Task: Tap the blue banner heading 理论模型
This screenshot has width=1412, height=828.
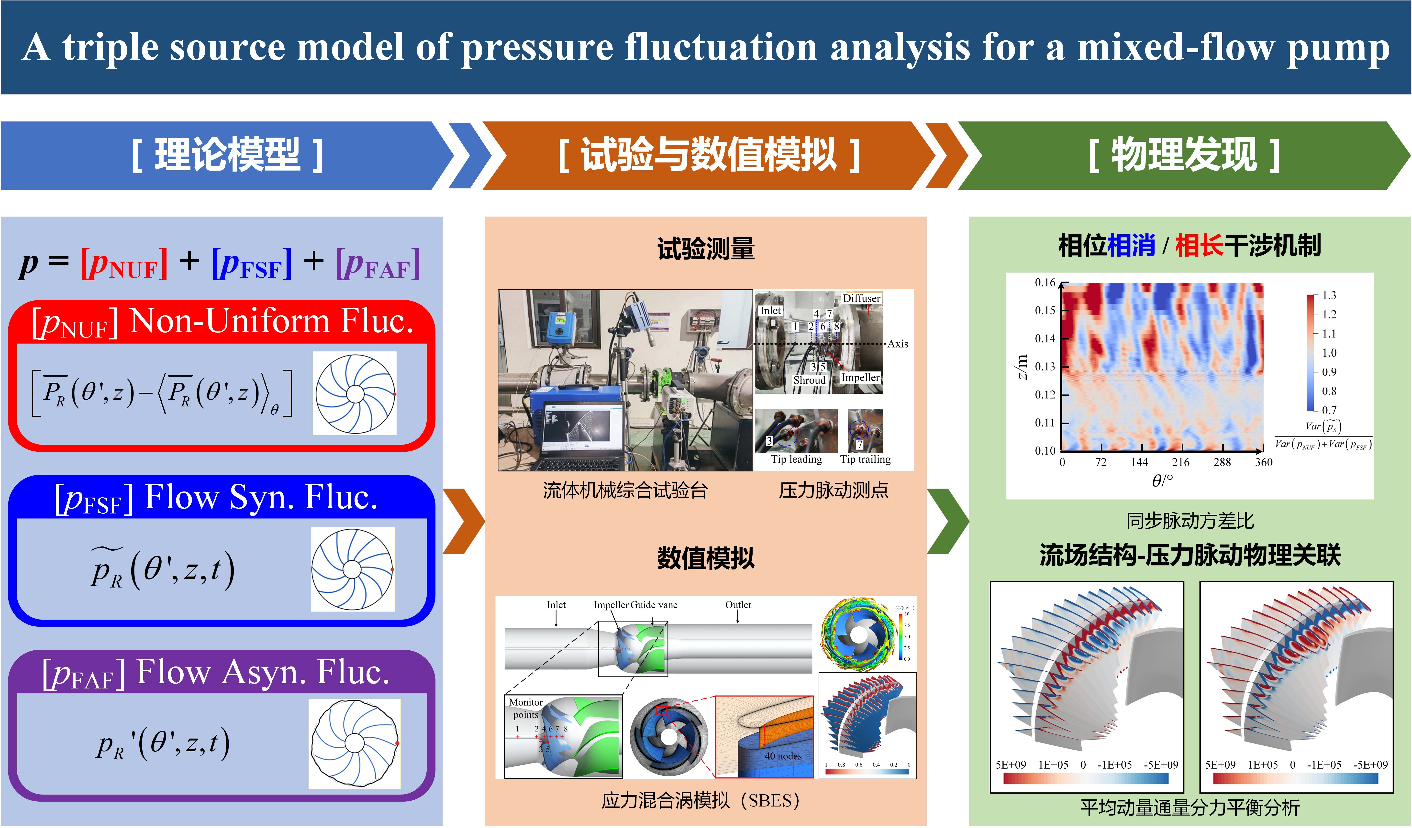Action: pyautogui.click(x=227, y=155)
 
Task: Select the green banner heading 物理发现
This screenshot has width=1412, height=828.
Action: pyautogui.click(x=1184, y=155)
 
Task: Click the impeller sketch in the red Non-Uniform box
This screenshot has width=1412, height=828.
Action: pyautogui.click(x=355, y=394)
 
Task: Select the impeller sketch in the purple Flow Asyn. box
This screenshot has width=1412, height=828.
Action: pyautogui.click(x=355, y=743)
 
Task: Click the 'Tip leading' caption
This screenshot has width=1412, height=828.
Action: pyautogui.click(x=796, y=459)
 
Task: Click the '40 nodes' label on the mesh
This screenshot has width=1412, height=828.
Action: pyautogui.click(x=783, y=756)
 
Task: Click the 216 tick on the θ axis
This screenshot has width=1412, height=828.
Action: pyautogui.click(x=1181, y=462)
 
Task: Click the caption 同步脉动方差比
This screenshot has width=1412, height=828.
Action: pyautogui.click(x=1190, y=521)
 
